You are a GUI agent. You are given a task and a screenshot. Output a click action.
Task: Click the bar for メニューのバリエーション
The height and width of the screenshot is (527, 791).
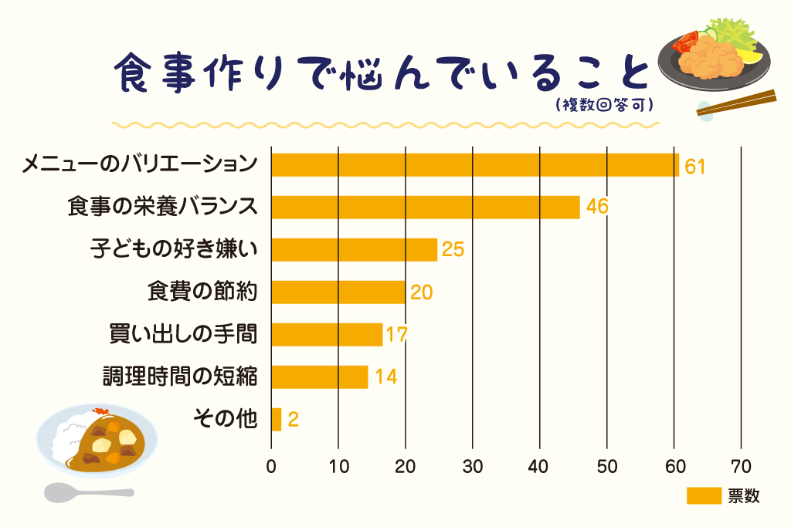pyautogui.click(x=474, y=165)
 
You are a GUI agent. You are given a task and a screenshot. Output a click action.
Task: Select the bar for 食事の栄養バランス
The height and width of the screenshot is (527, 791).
pyautogui.click(x=425, y=208)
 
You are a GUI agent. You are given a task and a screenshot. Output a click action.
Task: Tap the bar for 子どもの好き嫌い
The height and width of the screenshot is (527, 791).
pyautogui.click(x=354, y=250)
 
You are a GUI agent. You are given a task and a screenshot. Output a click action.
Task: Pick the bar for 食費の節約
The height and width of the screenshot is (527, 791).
pyautogui.click(x=338, y=292)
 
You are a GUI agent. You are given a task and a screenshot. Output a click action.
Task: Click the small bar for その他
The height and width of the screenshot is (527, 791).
pyautogui.click(x=276, y=419)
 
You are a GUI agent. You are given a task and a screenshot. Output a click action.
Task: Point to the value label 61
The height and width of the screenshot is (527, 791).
pyautogui.click(x=695, y=166)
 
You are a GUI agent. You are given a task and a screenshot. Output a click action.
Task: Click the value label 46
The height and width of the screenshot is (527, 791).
pyautogui.click(x=597, y=208)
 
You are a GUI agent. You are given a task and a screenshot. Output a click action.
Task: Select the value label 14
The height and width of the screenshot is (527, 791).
pyautogui.click(x=385, y=377)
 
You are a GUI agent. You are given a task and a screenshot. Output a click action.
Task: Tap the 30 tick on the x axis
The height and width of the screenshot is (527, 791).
pyautogui.click(x=473, y=467)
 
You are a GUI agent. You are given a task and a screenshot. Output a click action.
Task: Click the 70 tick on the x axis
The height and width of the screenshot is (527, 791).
pyautogui.click(x=742, y=467)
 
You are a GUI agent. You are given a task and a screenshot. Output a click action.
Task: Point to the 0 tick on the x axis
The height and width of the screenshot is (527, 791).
pyautogui.click(x=271, y=467)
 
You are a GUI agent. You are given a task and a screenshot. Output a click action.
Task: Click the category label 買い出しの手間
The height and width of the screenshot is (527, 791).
pyautogui.click(x=183, y=335)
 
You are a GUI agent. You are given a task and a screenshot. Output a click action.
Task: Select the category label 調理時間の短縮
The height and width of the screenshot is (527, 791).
pyautogui.click(x=180, y=377)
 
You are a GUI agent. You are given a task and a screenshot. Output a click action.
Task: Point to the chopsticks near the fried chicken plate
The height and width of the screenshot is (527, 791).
pyautogui.click(x=737, y=103)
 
